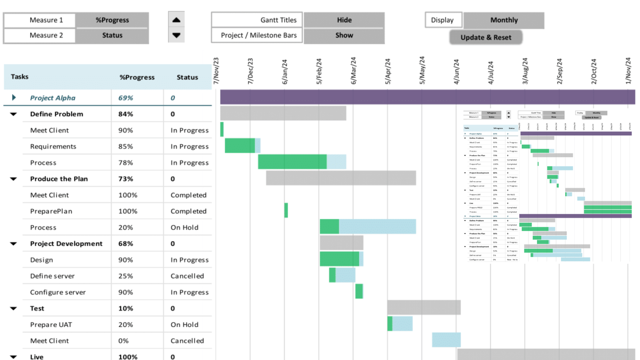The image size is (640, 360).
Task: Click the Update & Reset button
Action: coord(486,37)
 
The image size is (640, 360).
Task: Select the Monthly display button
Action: coord(504,20)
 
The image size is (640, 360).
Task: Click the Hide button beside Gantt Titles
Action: coord(344,20)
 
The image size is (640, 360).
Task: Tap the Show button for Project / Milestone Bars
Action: coord(344,35)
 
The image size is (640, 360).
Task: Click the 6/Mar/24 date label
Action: coord(353,71)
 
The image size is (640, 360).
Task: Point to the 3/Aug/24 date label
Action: coord(525,71)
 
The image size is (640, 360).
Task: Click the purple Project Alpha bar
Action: coord(427,97)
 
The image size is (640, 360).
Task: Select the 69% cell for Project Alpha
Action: coord(126,98)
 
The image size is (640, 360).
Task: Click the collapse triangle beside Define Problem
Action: coord(14,114)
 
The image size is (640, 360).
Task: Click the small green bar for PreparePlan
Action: coord(286,210)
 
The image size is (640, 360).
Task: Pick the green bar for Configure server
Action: coord(359,291)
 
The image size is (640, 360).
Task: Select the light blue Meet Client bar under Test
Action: coord(446,340)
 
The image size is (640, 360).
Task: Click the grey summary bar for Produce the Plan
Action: coord(341,178)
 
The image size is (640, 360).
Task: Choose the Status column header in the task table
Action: coord(187,77)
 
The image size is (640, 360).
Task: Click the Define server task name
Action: coord(52,276)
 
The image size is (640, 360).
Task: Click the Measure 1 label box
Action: coord(46,20)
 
